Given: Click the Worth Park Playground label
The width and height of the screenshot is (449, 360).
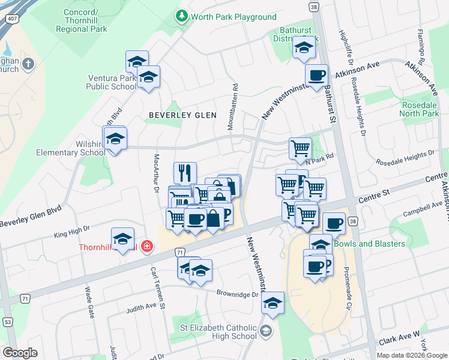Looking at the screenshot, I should (234, 17).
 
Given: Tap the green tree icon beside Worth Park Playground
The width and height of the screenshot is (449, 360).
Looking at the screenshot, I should (181, 17).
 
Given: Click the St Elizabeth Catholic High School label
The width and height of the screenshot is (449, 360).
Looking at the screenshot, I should (219, 332).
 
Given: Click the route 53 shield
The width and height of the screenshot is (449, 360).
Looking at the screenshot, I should (7, 323).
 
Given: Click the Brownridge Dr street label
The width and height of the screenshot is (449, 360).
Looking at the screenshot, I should (238, 295).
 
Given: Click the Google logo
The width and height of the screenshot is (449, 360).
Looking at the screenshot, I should (20, 353).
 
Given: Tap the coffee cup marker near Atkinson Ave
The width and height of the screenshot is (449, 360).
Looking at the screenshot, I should (316, 76).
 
